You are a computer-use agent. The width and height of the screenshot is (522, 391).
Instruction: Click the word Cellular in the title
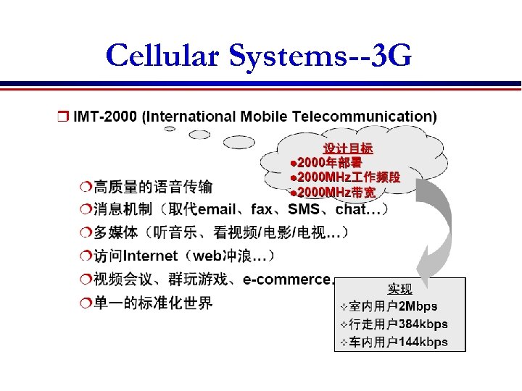[163, 55]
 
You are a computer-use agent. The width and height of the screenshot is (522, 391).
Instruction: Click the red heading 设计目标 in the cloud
[348, 148]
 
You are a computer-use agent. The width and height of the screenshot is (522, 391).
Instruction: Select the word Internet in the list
[151, 256]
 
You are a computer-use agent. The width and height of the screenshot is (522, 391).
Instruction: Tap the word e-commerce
[287, 279]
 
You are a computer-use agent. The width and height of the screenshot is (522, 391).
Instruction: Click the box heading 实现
[400, 288]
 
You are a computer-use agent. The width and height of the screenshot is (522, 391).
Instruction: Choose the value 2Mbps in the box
[418, 306]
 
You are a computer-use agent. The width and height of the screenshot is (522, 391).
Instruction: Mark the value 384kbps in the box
[424, 324]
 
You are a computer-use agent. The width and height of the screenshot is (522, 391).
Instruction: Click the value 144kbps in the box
[424, 341]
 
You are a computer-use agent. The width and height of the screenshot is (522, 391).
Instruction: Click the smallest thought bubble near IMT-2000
[170, 128]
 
